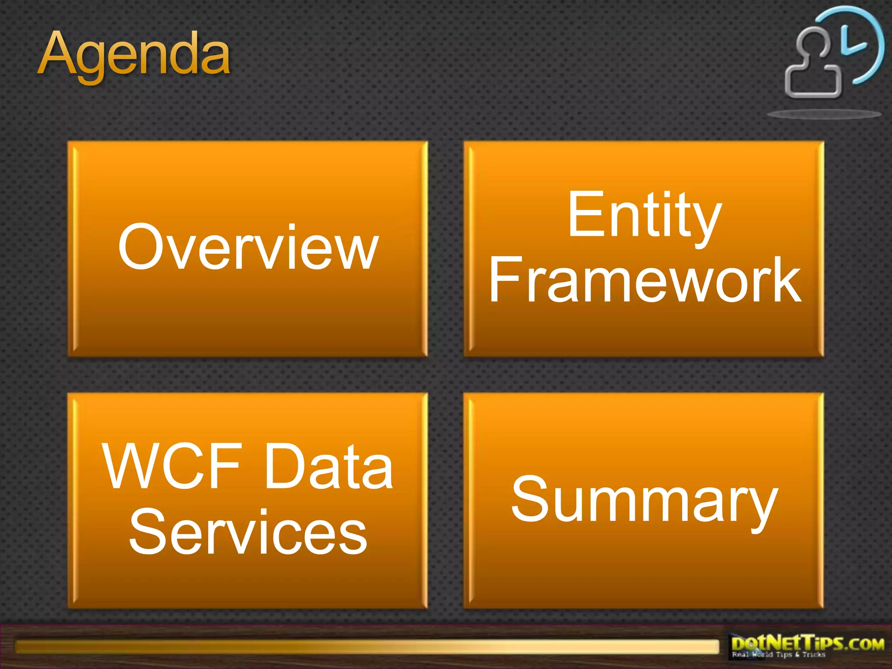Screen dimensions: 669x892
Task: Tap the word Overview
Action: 248,247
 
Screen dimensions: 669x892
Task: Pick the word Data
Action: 328,466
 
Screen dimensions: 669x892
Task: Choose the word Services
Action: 248,532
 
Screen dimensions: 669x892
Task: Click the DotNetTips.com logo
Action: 808,644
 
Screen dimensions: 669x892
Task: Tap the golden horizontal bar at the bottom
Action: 366,646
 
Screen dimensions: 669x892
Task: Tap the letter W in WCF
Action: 133,466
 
